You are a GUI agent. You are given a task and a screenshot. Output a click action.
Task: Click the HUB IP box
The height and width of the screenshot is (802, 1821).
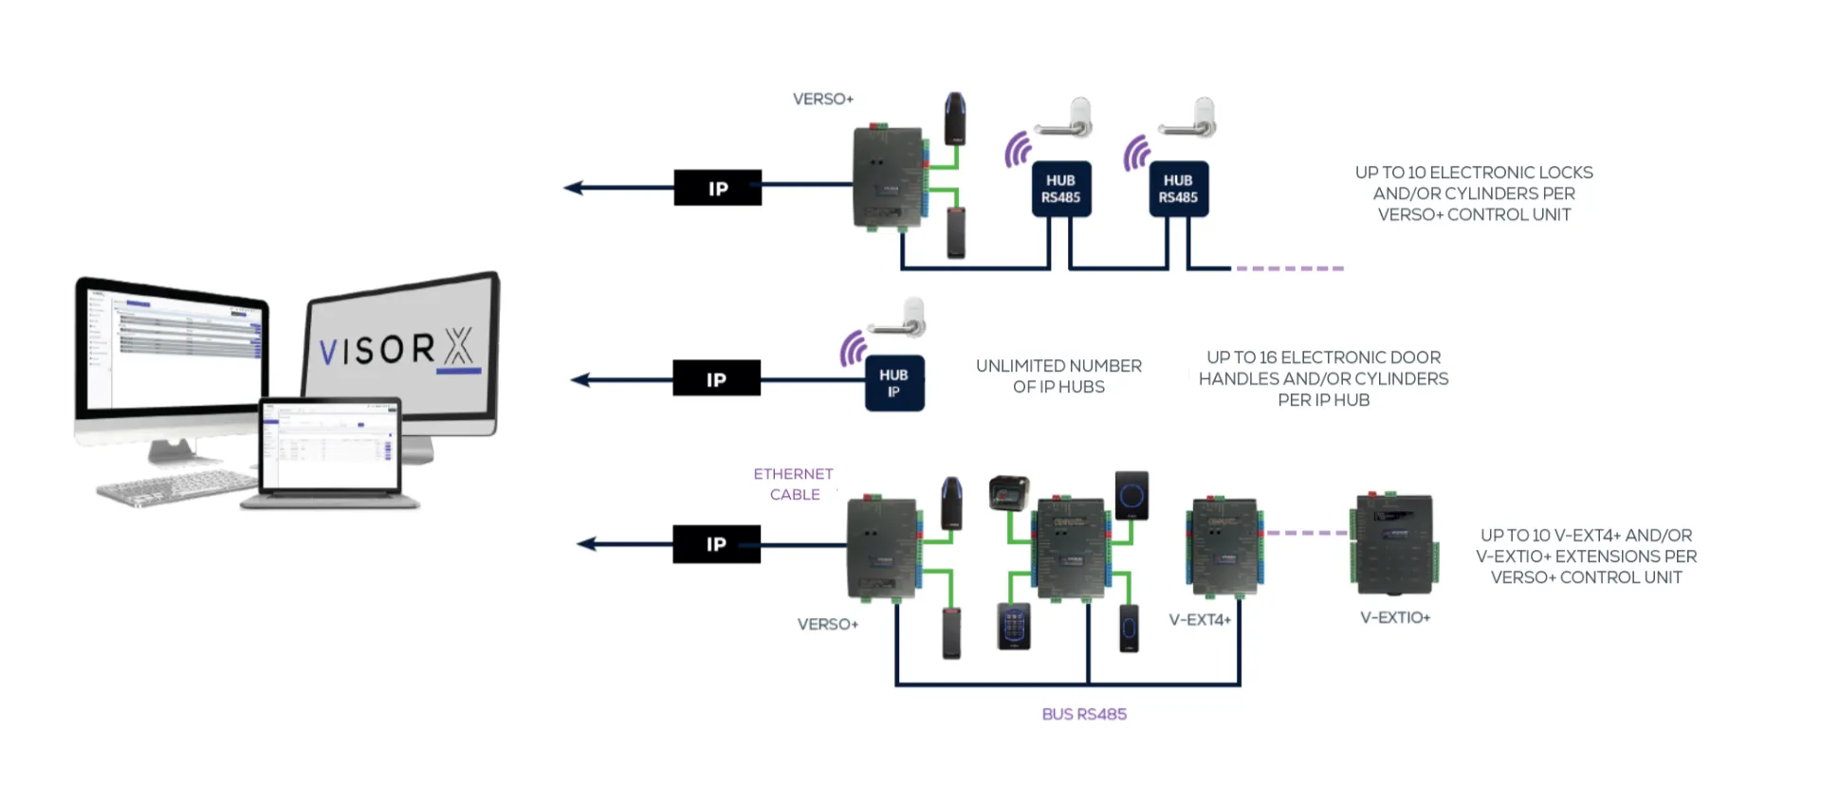pyautogui.click(x=893, y=383)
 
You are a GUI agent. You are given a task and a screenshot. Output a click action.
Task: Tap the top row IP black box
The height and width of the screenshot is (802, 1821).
pyautogui.click(x=717, y=188)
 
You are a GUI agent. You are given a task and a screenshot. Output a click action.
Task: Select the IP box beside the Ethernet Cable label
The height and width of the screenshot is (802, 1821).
pyautogui.click(x=716, y=544)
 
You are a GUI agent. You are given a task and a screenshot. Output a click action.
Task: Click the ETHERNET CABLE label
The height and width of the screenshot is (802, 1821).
pyautogui.click(x=794, y=483)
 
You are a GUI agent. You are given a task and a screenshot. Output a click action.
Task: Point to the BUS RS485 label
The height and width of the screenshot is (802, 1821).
pyautogui.click(x=1084, y=714)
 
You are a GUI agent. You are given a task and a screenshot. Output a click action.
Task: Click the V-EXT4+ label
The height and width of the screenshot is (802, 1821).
pyautogui.click(x=1200, y=620)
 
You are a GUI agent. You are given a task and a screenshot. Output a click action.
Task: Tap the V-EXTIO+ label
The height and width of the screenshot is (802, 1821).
pyautogui.click(x=1395, y=617)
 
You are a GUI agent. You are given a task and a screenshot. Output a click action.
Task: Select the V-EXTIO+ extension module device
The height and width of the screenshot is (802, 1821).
pyautogui.click(x=1393, y=545)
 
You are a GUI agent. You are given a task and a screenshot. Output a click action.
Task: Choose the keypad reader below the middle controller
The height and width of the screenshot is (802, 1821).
pyautogui.click(x=1013, y=627)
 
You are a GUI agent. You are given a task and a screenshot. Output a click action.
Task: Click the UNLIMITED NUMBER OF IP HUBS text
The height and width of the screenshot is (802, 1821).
pyautogui.click(x=1058, y=376)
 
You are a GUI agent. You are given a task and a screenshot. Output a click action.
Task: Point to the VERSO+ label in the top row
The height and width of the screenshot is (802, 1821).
pyautogui.click(x=822, y=99)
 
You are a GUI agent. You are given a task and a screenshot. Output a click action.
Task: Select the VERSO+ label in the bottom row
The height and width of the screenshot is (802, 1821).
pyautogui.click(x=827, y=624)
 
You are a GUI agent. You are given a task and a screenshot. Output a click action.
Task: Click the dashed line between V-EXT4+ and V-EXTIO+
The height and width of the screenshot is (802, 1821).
pyautogui.click(x=1306, y=533)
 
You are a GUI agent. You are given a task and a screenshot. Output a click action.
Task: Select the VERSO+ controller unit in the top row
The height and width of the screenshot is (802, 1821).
pyautogui.click(x=889, y=177)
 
